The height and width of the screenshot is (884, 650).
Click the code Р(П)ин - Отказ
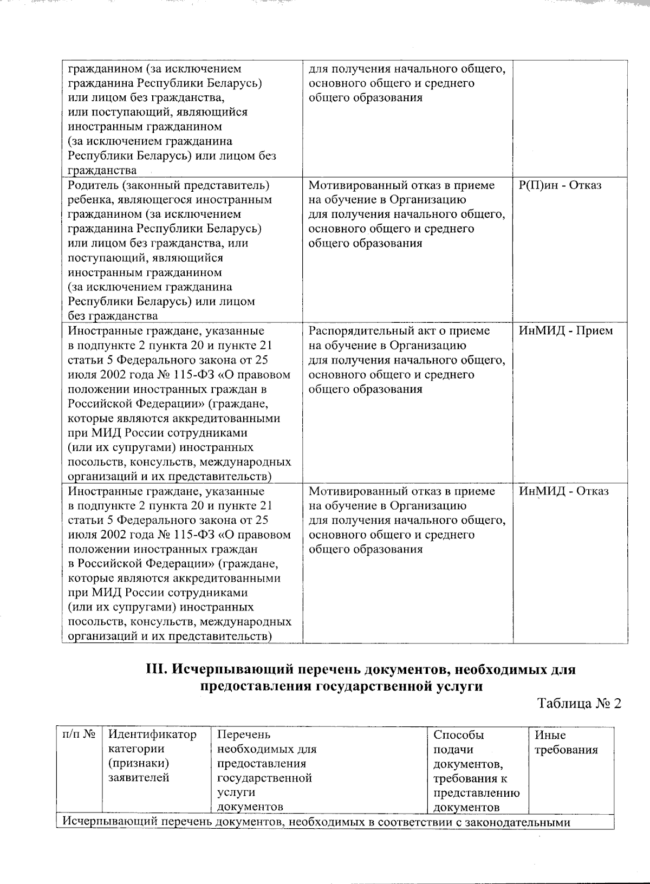[x=560, y=186]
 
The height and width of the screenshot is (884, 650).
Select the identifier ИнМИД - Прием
[x=565, y=331]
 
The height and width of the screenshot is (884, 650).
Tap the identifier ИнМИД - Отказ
[x=563, y=491]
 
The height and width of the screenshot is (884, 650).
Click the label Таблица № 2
[x=578, y=704]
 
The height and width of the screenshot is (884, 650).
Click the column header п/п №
[x=79, y=735]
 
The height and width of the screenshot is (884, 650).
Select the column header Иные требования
[x=566, y=743]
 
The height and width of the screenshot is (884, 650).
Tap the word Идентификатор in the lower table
[x=153, y=735]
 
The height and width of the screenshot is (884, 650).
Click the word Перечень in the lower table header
[x=243, y=735]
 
